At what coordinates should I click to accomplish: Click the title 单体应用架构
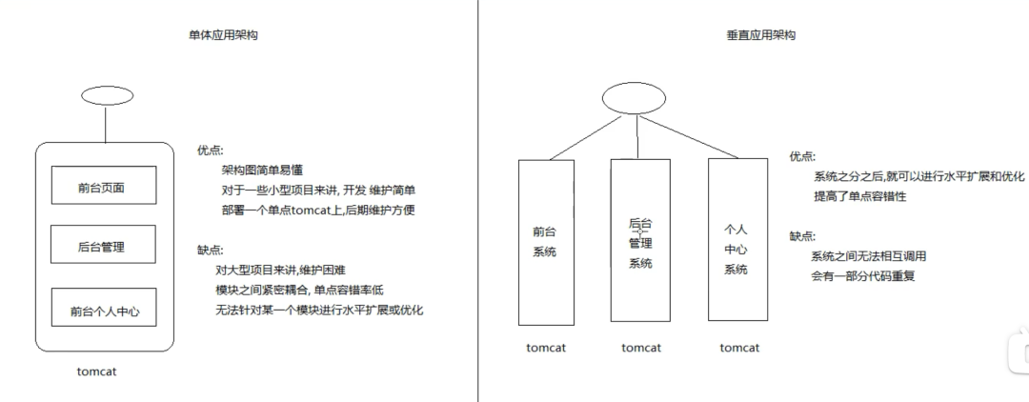223,35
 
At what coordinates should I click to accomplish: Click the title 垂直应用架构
760,35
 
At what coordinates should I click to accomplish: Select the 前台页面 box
102,188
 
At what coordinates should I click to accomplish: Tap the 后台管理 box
102,248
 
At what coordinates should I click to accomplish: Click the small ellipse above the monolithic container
107,96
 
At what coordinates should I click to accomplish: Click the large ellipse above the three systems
633,99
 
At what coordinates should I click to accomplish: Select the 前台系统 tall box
545,242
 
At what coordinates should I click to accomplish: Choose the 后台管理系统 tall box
639,240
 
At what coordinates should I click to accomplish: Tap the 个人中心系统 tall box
736,238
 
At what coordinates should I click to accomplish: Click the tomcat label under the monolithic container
97,372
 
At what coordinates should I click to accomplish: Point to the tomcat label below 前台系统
546,348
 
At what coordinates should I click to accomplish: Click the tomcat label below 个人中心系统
739,348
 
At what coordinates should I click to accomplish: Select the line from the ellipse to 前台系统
581,139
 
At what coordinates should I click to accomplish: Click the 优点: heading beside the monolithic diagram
210,150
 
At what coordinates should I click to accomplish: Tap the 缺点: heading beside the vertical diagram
802,236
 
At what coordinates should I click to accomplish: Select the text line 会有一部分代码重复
863,276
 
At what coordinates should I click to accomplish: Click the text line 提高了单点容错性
859,196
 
